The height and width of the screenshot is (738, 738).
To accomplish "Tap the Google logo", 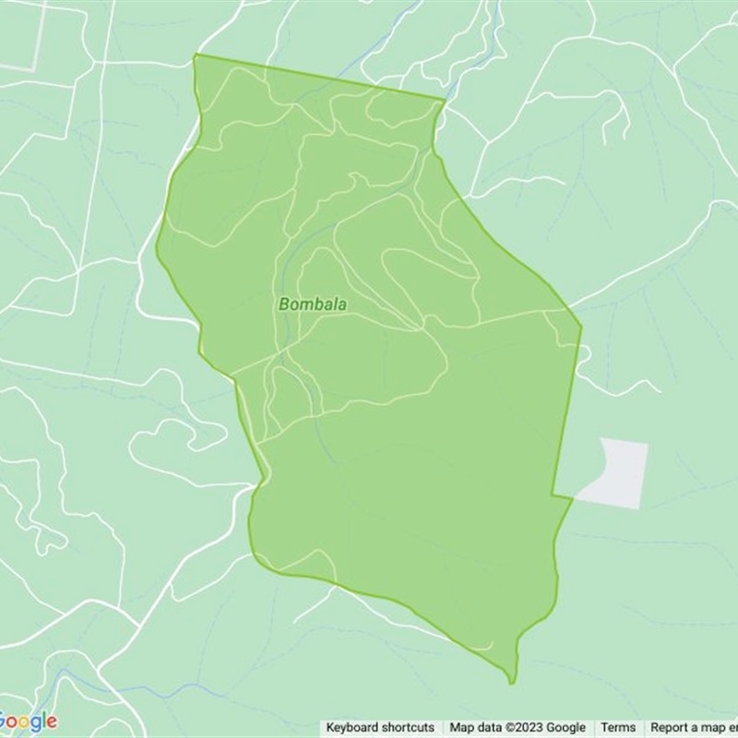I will click(29, 720).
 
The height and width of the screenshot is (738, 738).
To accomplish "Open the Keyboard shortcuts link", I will click(380, 728).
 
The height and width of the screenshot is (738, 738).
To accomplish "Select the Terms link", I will click(618, 728).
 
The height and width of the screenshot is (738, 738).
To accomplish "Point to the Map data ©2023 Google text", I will click(518, 728).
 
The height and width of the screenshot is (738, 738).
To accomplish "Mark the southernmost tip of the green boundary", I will click(512, 684).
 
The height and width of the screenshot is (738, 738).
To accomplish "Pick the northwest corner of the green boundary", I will click(195, 55).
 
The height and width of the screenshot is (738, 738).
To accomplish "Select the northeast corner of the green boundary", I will click(444, 100).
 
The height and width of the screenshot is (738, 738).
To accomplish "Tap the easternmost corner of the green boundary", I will click(581, 326).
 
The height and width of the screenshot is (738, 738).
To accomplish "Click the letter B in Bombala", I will click(283, 303).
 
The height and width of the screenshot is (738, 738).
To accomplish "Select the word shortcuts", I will click(407, 728).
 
